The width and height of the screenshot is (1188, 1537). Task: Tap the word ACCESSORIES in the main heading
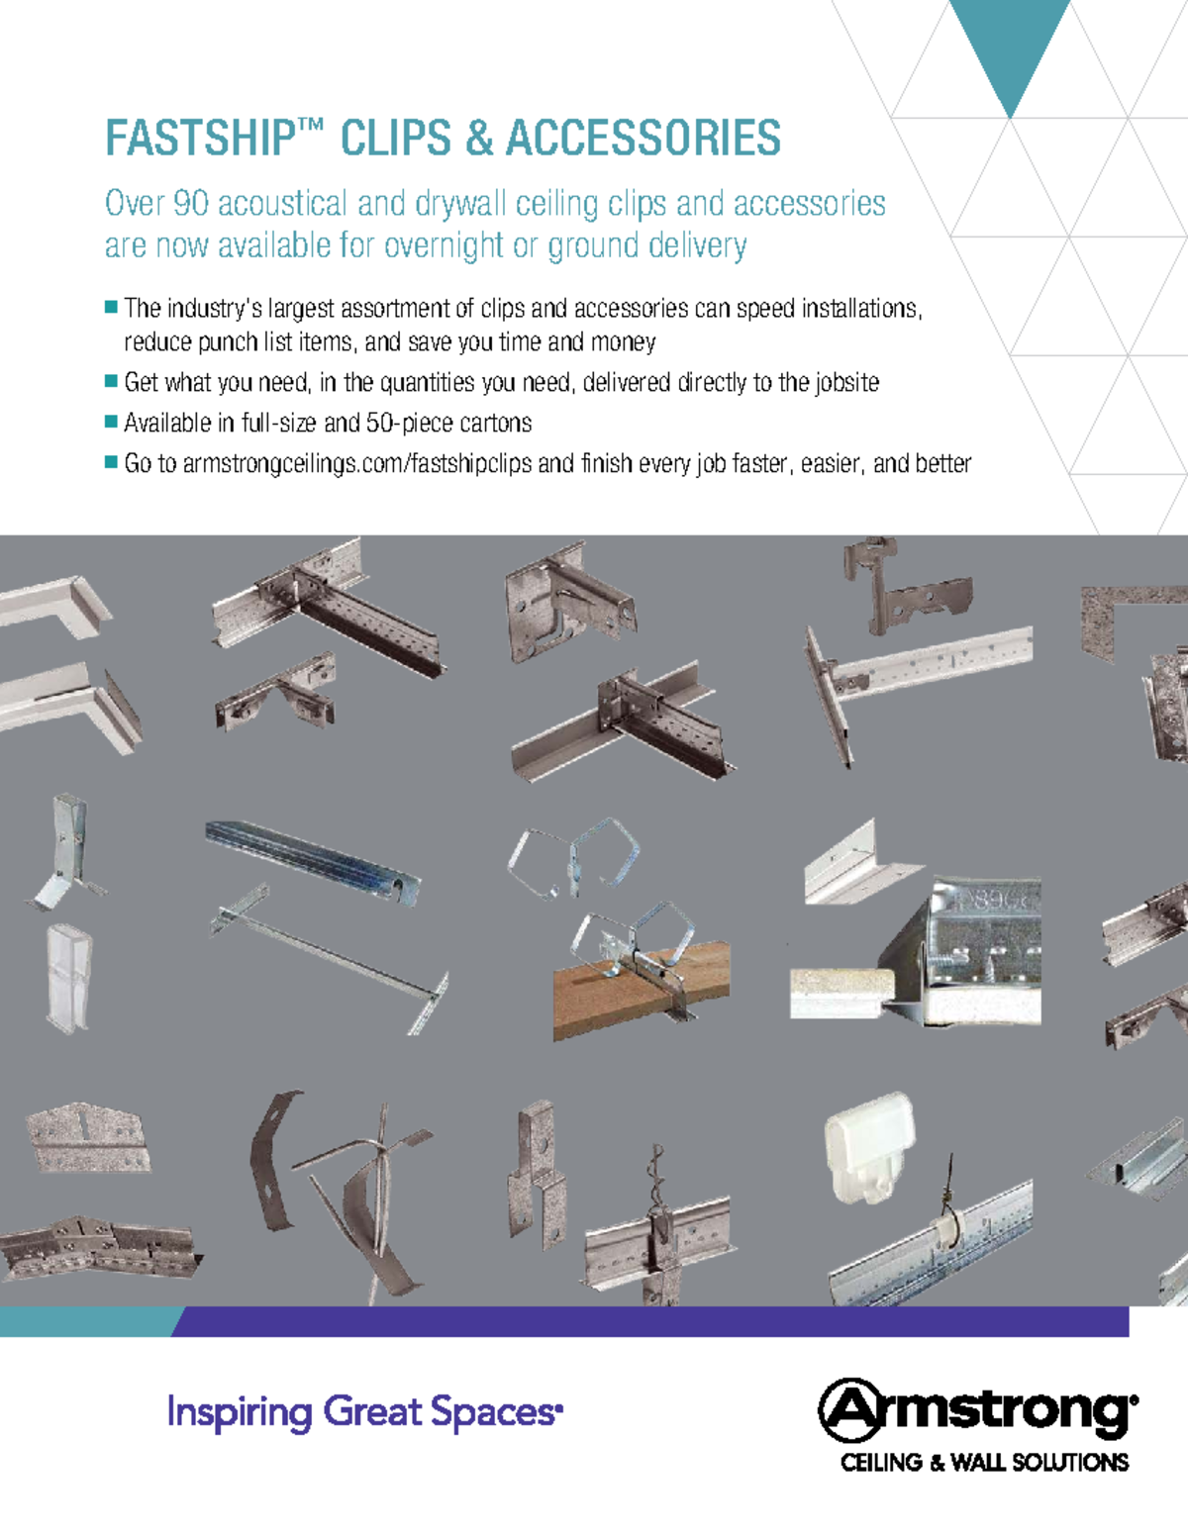tap(643, 138)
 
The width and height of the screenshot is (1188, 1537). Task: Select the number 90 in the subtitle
tap(191, 203)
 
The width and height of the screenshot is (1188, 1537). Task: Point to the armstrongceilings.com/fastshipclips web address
tap(356, 464)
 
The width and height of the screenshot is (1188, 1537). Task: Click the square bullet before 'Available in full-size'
tap(111, 422)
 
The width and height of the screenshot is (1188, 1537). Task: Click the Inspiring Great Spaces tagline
tap(365, 1413)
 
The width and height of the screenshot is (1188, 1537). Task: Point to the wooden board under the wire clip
tap(641, 991)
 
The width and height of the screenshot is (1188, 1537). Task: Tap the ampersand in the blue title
tap(479, 138)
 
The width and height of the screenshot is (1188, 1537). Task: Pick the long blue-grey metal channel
tap(313, 861)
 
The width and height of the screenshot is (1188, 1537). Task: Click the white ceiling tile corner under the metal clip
tap(835, 993)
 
